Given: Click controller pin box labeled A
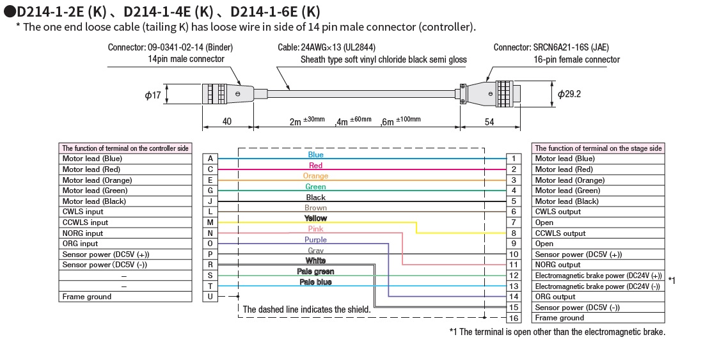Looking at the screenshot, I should [210, 159].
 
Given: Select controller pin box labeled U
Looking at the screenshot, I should [210, 297].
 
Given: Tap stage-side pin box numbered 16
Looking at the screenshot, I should [513, 318].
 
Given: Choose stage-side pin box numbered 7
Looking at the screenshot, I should [513, 223].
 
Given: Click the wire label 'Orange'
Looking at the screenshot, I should [315, 176].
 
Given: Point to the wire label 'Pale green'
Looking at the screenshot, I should [315, 272].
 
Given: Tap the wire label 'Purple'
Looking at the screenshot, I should [315, 240].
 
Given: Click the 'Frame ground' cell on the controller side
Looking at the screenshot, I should [126, 297].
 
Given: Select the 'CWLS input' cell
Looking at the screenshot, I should [126, 212].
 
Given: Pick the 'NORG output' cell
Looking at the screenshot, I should [597, 265].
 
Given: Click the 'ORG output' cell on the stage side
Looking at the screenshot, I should [597, 297].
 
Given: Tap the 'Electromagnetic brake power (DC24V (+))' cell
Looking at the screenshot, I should [597, 276].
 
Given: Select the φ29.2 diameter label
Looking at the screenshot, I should [569, 94].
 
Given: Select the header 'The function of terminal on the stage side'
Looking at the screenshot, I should [597, 148].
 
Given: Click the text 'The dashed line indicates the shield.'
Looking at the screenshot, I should [306, 309].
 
